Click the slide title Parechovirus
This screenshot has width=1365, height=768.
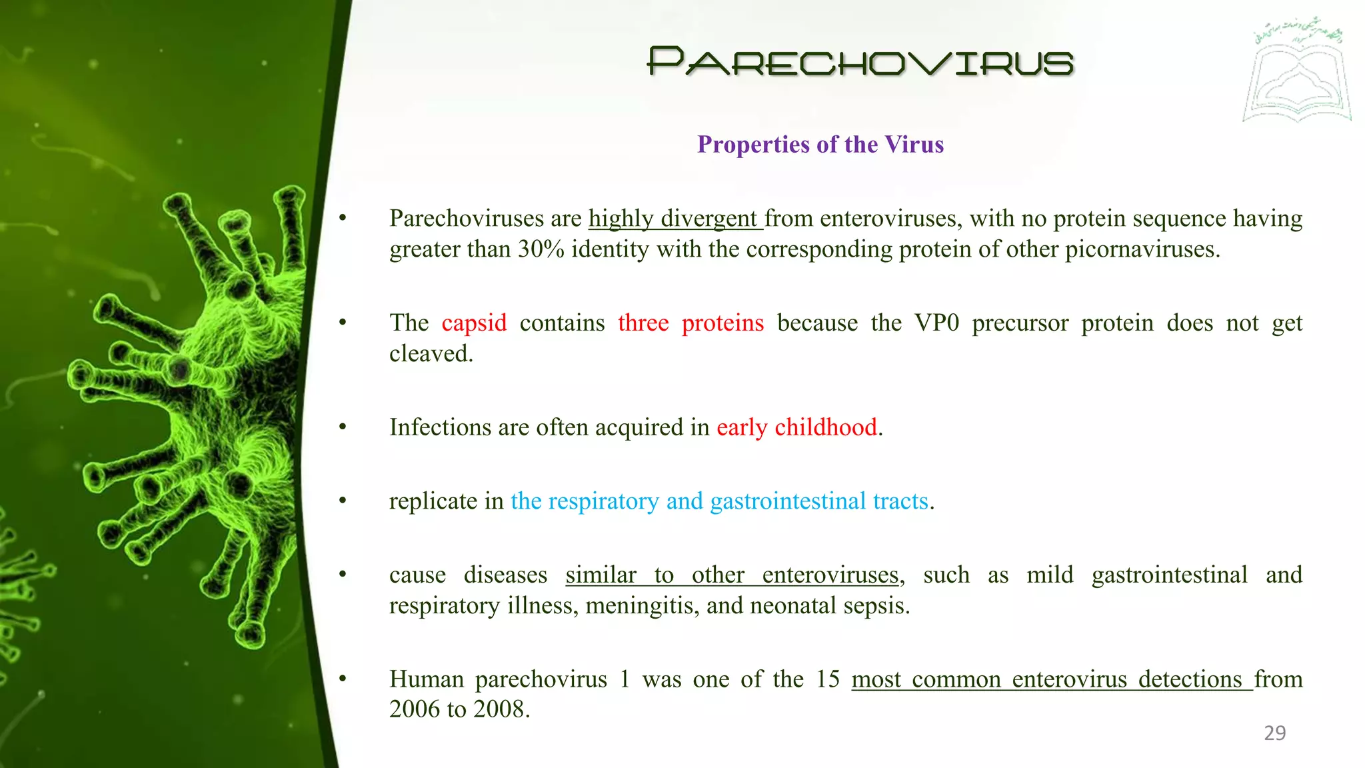(860, 62)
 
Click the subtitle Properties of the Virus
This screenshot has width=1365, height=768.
(820, 145)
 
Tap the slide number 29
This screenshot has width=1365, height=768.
(1274, 733)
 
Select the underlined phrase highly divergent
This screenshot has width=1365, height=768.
(674, 219)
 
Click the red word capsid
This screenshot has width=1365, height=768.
(474, 323)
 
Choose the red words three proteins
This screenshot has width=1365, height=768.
(690, 323)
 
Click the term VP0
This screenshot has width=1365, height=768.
(936, 323)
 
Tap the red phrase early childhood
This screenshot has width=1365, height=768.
(796, 427)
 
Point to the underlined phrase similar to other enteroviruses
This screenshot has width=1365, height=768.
(732, 575)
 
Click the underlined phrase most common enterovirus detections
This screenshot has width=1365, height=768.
(1051, 679)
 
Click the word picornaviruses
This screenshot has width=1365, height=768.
(1141, 249)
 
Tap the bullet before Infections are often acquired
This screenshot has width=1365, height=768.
(343, 427)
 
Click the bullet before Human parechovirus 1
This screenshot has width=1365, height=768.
(343, 679)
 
